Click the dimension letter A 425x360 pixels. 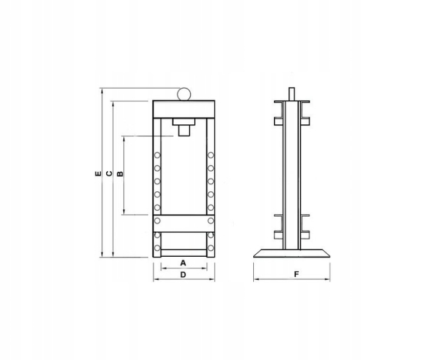point(183,262)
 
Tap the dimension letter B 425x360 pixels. point(120,174)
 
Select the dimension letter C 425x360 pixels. point(109,174)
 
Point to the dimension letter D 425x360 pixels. point(183,275)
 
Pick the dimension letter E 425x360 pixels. point(97,174)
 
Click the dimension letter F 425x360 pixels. point(295,274)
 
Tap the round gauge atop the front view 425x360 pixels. point(183,94)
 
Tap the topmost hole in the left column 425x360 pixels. point(157,155)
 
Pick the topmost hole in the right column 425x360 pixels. point(210,155)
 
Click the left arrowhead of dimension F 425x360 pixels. point(256,280)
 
